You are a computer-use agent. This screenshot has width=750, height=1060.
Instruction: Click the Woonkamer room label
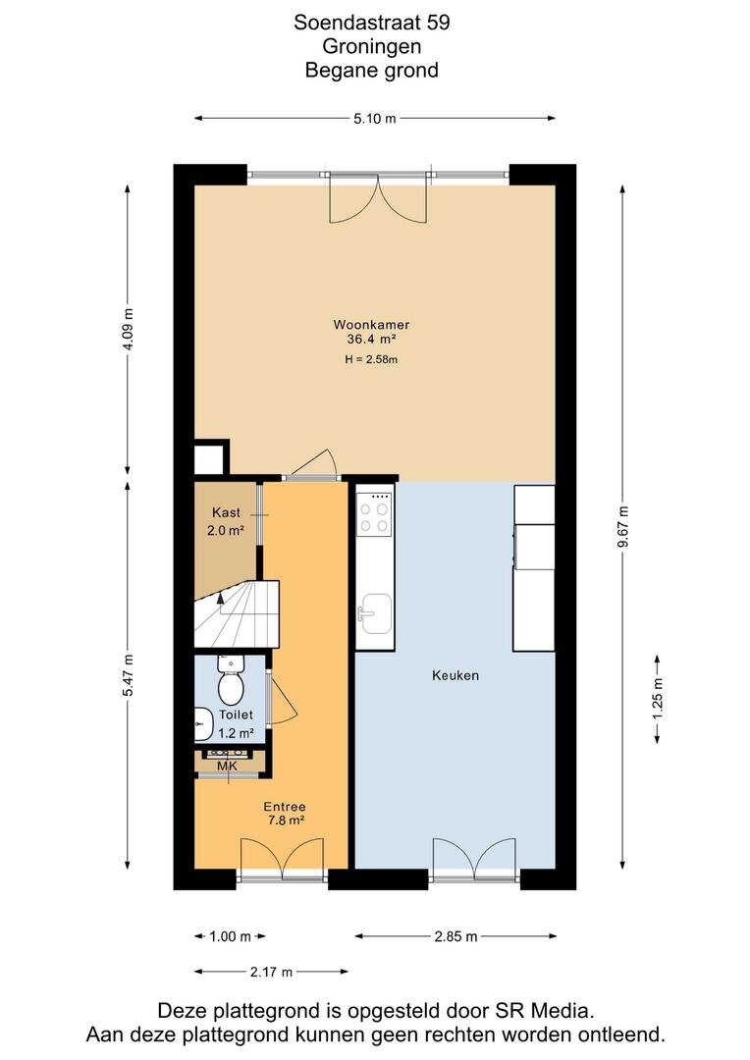[x=371, y=325]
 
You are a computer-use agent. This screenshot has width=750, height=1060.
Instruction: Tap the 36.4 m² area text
[x=371, y=340]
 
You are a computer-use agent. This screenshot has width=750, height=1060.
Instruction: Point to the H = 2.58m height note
[x=371, y=359]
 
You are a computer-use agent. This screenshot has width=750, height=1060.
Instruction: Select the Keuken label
[x=455, y=675]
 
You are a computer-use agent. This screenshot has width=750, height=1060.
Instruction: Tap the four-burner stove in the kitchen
[x=375, y=512]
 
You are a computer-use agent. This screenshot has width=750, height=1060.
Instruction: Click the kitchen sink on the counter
[x=375, y=613]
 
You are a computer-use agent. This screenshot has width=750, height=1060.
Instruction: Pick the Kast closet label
[x=226, y=512]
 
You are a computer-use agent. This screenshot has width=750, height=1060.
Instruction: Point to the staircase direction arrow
[x=220, y=597]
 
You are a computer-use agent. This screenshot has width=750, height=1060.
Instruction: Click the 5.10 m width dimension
[x=375, y=119]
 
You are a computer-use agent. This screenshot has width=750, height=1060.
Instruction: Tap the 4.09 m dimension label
[x=128, y=330]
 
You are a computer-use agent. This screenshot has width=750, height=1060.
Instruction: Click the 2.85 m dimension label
[x=455, y=936]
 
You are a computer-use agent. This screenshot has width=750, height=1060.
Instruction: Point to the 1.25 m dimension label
[x=658, y=699]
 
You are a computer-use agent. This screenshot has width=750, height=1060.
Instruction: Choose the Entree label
[x=284, y=807]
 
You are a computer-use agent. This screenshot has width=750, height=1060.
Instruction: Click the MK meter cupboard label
[x=227, y=766]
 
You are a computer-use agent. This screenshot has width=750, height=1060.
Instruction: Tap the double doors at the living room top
[x=378, y=197]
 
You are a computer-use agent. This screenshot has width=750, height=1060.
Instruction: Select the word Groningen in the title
[x=372, y=46]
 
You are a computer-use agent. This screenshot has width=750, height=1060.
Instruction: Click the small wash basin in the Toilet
[x=203, y=723]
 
